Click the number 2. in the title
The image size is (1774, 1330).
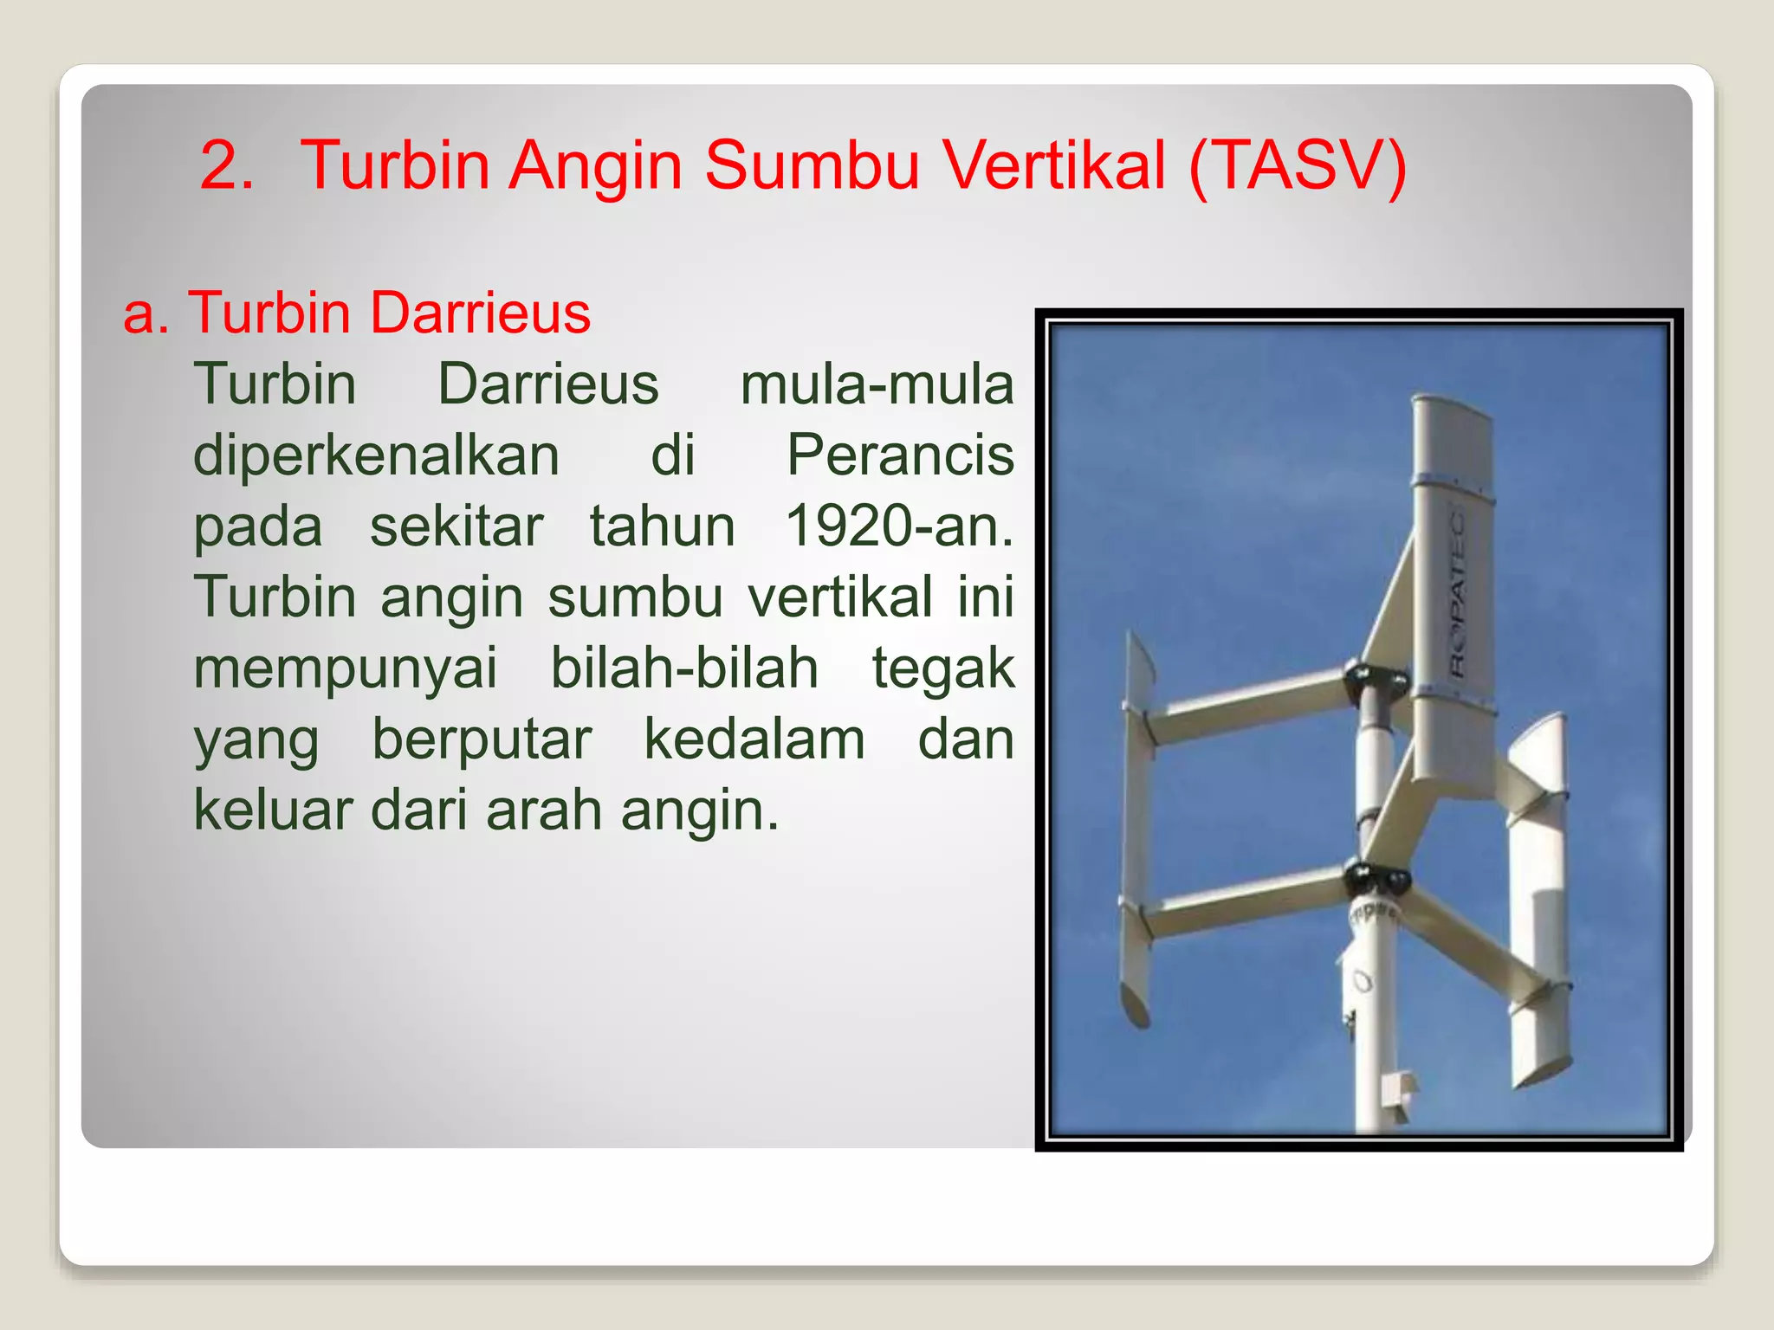tap(227, 166)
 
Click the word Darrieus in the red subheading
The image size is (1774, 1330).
tap(480, 313)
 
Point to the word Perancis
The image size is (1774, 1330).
tap(899, 455)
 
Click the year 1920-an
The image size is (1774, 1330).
tap(898, 526)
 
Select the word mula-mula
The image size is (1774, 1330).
tap(876, 384)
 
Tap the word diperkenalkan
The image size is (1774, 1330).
tap(376, 455)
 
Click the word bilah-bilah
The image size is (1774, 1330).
tap(684, 668)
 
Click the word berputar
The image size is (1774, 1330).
tap(482, 740)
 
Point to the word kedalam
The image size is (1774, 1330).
tap(754, 740)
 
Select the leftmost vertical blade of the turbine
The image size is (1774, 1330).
tap(1136, 831)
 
